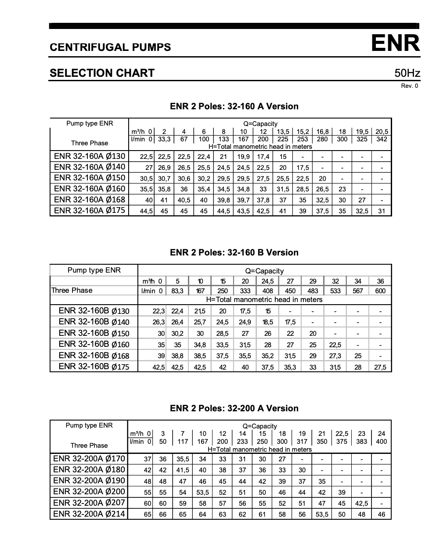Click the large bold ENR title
coord(395,43)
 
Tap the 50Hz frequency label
coord(407,73)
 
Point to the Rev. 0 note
coord(409,86)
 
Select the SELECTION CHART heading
coord(102,73)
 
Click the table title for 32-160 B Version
coord(234,252)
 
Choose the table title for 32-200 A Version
coord(234,408)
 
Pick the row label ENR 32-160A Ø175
coord(90,210)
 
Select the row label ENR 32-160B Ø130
coord(94,311)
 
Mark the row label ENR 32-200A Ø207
coord(89,503)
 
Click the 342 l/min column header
coord(382,139)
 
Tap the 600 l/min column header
coord(380,291)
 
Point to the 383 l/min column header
coord(361,441)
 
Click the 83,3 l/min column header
coord(177,291)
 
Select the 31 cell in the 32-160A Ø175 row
coord(382,211)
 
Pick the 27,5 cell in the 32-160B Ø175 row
coord(380,367)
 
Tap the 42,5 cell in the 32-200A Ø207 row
coord(361,503)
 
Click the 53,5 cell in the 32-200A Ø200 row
coord(202,493)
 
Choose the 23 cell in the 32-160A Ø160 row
coord(342,189)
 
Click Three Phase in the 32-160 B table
coord(72,290)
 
